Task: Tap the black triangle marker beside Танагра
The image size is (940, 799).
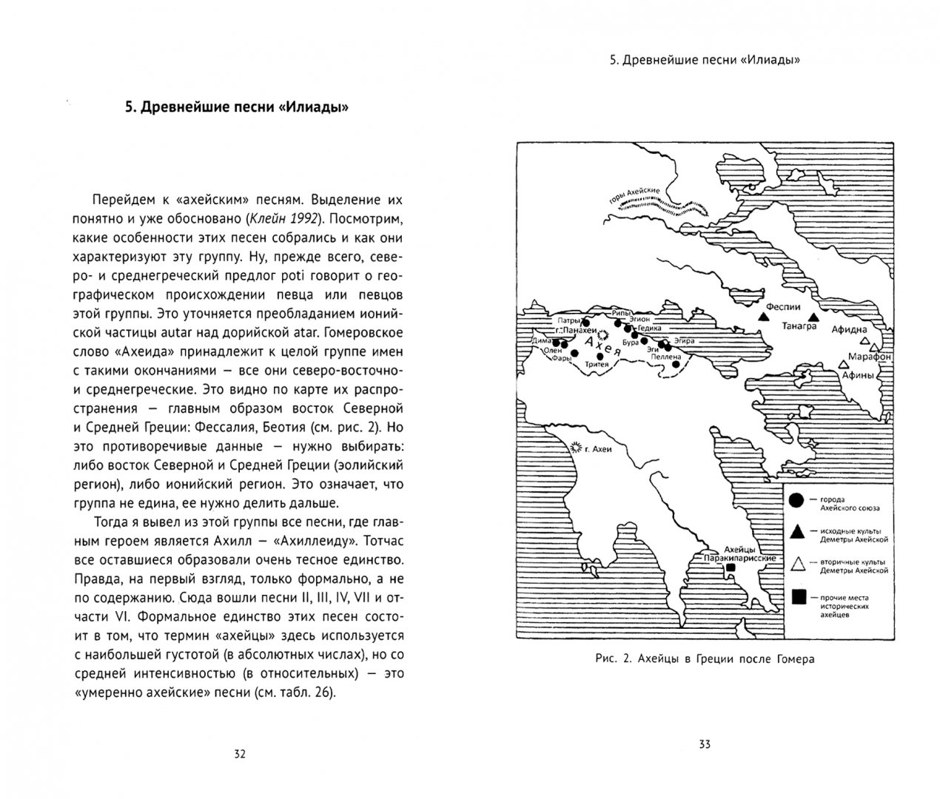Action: coord(813,317)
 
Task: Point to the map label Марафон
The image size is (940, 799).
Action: coord(870,357)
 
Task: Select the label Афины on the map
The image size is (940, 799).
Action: coord(859,375)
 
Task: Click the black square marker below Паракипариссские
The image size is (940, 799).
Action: coord(731,567)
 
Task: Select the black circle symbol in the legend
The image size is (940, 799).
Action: coord(796,501)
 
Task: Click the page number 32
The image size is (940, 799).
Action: coord(239,754)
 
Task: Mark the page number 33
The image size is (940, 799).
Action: coord(704,744)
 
